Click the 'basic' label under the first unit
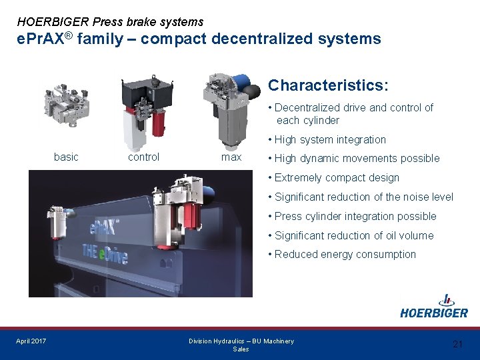66,157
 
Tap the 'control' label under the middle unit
143,157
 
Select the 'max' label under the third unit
231,157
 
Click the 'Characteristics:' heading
328,86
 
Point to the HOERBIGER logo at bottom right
434,307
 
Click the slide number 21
457,344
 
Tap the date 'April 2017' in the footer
31,341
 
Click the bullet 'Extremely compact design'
337,177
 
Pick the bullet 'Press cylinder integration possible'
355,216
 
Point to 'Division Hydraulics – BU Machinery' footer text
241,341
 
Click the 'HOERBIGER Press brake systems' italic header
110,22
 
